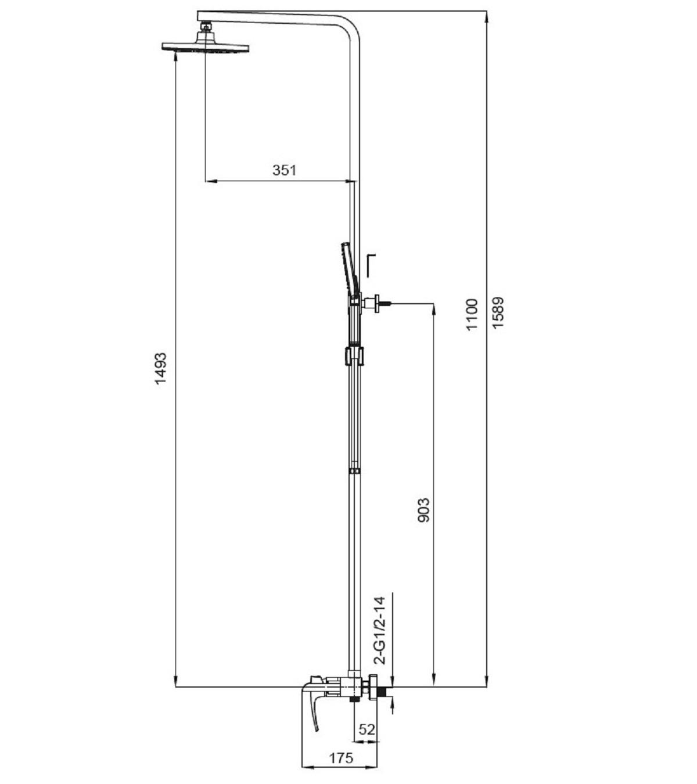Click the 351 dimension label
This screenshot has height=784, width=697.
(284, 170)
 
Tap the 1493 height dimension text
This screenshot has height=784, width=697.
(160, 368)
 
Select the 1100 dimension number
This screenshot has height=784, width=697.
(472, 314)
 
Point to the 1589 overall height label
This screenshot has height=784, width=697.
(498, 312)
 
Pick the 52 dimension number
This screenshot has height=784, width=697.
(367, 729)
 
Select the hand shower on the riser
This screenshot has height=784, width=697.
(350, 271)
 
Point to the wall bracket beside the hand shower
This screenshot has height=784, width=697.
(374, 304)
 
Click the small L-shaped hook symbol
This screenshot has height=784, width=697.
(370, 265)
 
